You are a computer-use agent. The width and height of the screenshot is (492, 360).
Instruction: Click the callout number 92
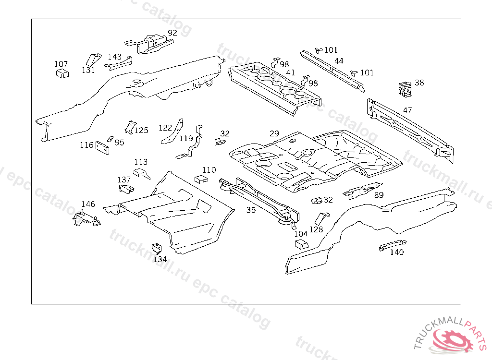point(172,33)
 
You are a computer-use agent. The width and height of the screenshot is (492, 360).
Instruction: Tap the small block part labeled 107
point(61,73)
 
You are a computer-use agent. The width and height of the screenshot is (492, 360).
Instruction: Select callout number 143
point(114,57)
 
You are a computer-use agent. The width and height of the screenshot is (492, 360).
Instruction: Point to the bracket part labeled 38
point(405,88)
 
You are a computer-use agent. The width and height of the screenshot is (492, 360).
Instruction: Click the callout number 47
point(407,110)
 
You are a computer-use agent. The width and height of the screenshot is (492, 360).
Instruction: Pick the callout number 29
point(274,133)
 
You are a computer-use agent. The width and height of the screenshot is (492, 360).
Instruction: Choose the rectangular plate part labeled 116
point(102,147)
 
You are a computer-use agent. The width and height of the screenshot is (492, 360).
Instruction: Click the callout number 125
point(141,130)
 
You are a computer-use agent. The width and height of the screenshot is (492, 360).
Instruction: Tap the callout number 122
point(165,128)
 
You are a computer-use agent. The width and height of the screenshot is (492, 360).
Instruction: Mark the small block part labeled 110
point(200,179)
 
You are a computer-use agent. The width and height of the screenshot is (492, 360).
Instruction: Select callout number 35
point(251,209)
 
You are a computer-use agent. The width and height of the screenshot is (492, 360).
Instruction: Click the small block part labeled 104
point(301,244)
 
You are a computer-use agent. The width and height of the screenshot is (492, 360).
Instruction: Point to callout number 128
point(316,229)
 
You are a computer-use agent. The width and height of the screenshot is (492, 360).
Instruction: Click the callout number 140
point(397,252)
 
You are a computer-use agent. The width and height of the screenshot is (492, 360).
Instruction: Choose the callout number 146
point(88,204)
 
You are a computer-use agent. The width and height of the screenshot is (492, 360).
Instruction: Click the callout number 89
point(379,194)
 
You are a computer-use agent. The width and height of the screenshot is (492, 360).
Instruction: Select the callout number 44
point(339,61)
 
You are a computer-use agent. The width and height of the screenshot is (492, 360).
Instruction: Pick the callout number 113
point(141,162)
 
